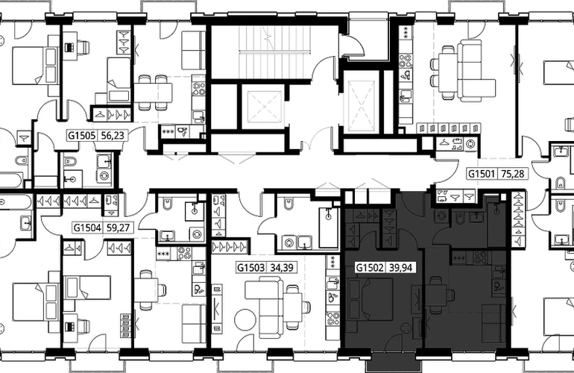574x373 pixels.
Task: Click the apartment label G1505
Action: (82, 136)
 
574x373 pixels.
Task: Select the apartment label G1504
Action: (87, 228)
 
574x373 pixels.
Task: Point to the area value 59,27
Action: (118, 228)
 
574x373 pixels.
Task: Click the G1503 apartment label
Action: (250, 268)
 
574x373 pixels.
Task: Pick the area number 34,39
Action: (282, 268)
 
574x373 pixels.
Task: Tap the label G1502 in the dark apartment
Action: (370, 268)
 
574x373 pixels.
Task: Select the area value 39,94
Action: (400, 268)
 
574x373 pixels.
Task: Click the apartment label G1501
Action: (482, 173)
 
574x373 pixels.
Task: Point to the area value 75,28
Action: (513, 173)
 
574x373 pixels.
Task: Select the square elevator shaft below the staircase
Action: (263, 107)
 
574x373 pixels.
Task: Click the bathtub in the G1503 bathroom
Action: (329, 228)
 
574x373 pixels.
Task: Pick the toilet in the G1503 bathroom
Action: (288, 204)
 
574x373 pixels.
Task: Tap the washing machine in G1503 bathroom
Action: (289, 242)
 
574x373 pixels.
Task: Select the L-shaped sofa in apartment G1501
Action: (470, 71)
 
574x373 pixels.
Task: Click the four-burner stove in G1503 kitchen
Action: (333, 319)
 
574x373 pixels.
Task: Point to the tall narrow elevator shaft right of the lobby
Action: (362, 101)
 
